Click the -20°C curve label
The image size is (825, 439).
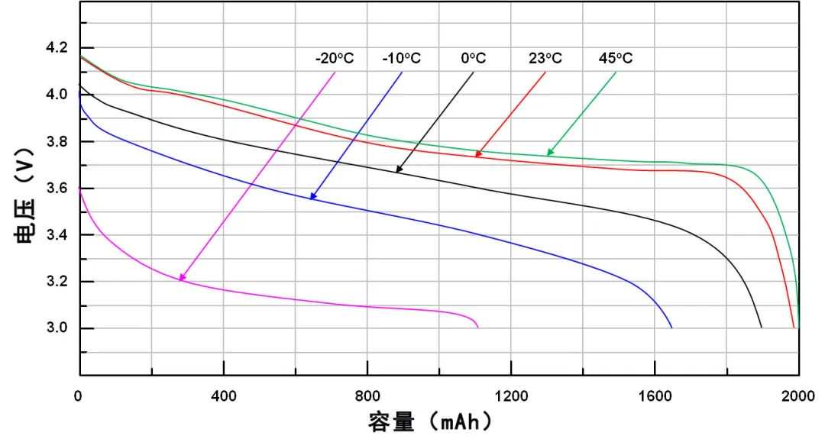(x=335, y=59)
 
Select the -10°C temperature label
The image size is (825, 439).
(x=401, y=59)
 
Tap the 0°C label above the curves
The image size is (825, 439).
(x=473, y=59)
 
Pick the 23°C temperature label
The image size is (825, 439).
(x=545, y=59)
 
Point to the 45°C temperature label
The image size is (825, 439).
(x=615, y=59)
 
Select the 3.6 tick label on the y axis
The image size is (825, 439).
(x=57, y=189)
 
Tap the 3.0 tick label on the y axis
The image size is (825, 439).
(x=57, y=328)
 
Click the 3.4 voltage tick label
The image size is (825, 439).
(x=57, y=235)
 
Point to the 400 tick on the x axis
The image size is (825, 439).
(x=223, y=396)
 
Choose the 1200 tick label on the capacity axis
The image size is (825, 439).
(x=511, y=396)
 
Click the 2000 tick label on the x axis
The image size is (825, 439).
(x=799, y=396)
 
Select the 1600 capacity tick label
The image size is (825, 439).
(x=655, y=396)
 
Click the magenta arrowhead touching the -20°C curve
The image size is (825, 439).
(x=181, y=278)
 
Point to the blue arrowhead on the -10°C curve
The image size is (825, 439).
(x=312, y=197)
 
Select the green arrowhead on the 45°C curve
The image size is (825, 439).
(x=549, y=153)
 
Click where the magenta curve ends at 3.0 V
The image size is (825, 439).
(x=478, y=328)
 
